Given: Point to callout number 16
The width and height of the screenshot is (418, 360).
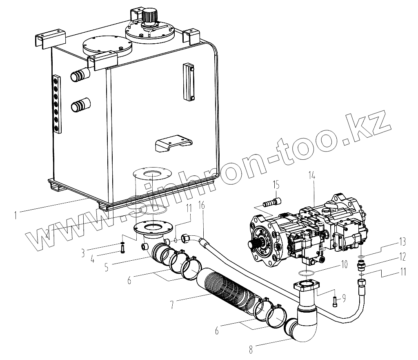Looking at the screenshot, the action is click(201, 205).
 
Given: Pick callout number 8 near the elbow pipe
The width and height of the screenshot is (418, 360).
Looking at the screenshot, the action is click(250, 349).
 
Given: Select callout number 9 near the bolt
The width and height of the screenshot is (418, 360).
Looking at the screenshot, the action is click(344, 298).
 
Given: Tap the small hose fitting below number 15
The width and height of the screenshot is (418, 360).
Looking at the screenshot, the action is click(272, 202).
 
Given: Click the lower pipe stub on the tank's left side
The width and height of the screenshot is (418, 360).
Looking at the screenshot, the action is click(80, 106).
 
